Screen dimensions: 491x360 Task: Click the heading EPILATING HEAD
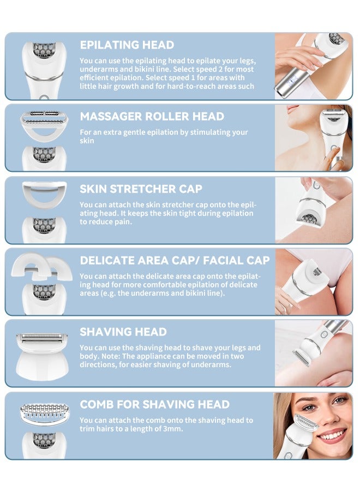click(127, 45)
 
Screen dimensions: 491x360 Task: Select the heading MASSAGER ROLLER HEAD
click(152, 117)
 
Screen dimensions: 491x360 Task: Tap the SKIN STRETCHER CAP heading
click(141, 189)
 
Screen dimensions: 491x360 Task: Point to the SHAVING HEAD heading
click(123, 332)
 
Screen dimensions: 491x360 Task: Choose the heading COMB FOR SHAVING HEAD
click(154, 405)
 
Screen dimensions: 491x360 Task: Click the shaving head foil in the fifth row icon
click(44, 338)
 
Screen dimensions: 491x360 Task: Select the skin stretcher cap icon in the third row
click(44, 193)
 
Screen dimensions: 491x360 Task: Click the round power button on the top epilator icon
click(44, 99)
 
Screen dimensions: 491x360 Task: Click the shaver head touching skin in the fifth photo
click(301, 357)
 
